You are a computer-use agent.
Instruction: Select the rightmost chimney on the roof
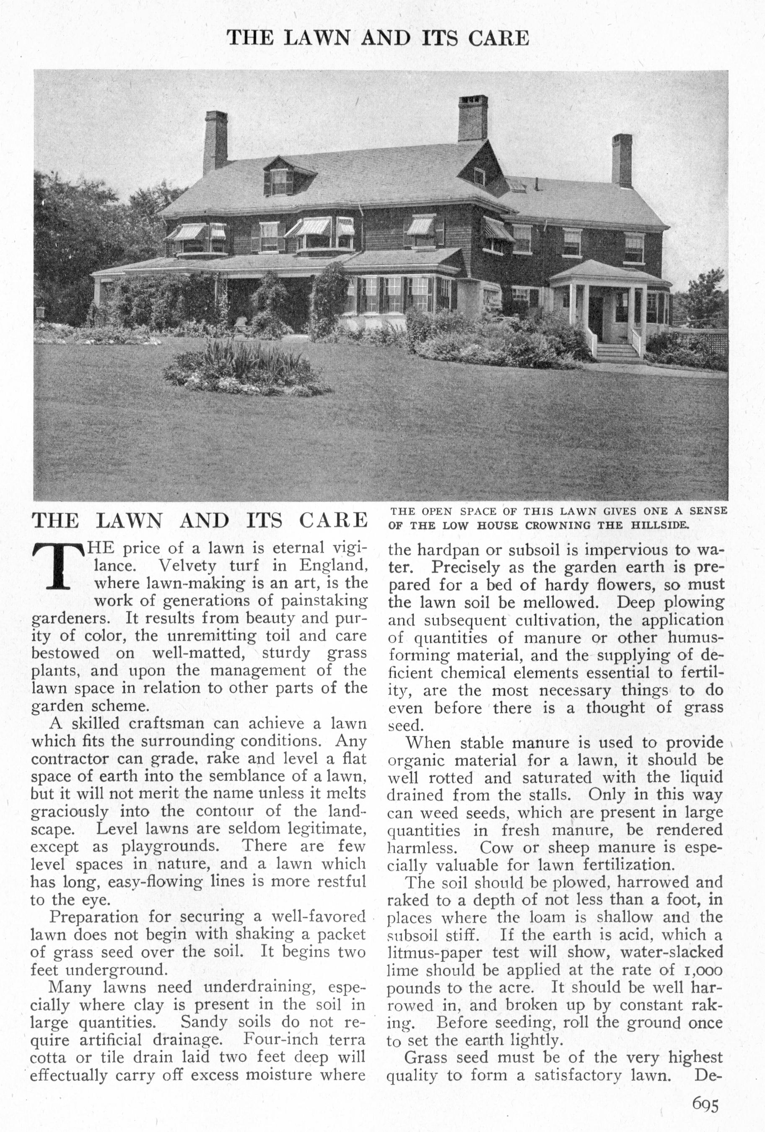622,160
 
